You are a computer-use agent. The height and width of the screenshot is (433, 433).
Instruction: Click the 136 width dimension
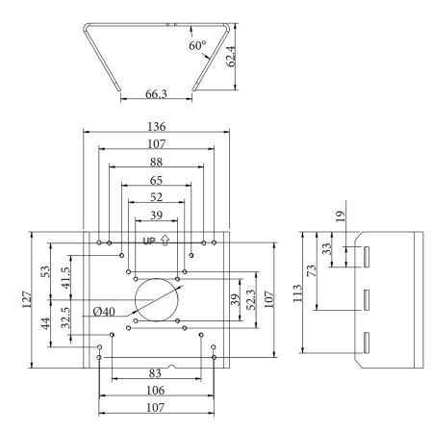click(156, 126)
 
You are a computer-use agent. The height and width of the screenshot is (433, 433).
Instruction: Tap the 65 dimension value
click(156, 179)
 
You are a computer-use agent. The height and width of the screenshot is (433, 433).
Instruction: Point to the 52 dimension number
click(156, 197)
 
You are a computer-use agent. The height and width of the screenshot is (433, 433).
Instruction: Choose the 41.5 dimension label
click(65, 275)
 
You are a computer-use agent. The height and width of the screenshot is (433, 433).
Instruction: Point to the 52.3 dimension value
click(252, 298)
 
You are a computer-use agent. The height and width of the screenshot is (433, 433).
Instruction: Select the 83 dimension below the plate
click(156, 373)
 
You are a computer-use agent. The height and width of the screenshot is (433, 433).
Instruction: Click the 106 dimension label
click(156, 391)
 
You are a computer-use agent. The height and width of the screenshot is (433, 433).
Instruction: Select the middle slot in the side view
click(367, 299)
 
